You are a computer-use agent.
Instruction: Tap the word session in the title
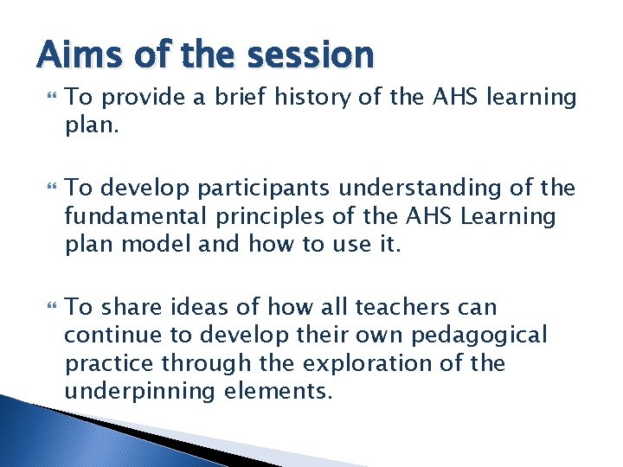pyautogui.click(x=311, y=55)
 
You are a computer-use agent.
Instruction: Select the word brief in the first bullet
pyautogui.click(x=234, y=98)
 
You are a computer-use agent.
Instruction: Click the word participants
pyautogui.click(x=252, y=188)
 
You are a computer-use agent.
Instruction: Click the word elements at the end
pyautogui.click(x=271, y=391)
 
